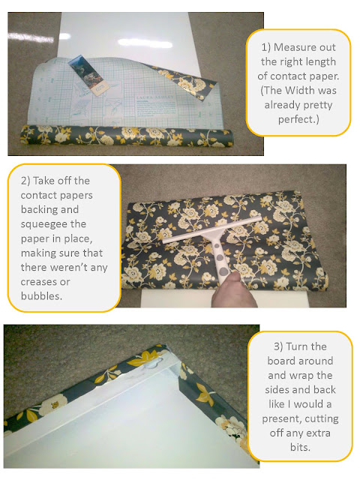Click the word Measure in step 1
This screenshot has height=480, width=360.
tap(294, 47)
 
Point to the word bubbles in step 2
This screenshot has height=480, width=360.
tap(40, 296)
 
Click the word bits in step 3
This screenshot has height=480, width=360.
tap(300, 447)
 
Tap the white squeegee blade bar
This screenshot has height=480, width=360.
tap(212, 230)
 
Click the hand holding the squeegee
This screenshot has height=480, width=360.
tap(235, 291)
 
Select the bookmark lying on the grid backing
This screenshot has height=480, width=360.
tap(88, 75)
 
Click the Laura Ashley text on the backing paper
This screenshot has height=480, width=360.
tap(155, 97)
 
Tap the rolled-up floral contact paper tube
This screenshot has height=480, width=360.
tap(127, 136)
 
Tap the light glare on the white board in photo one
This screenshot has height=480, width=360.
tap(145, 43)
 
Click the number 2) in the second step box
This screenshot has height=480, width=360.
tap(25, 181)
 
